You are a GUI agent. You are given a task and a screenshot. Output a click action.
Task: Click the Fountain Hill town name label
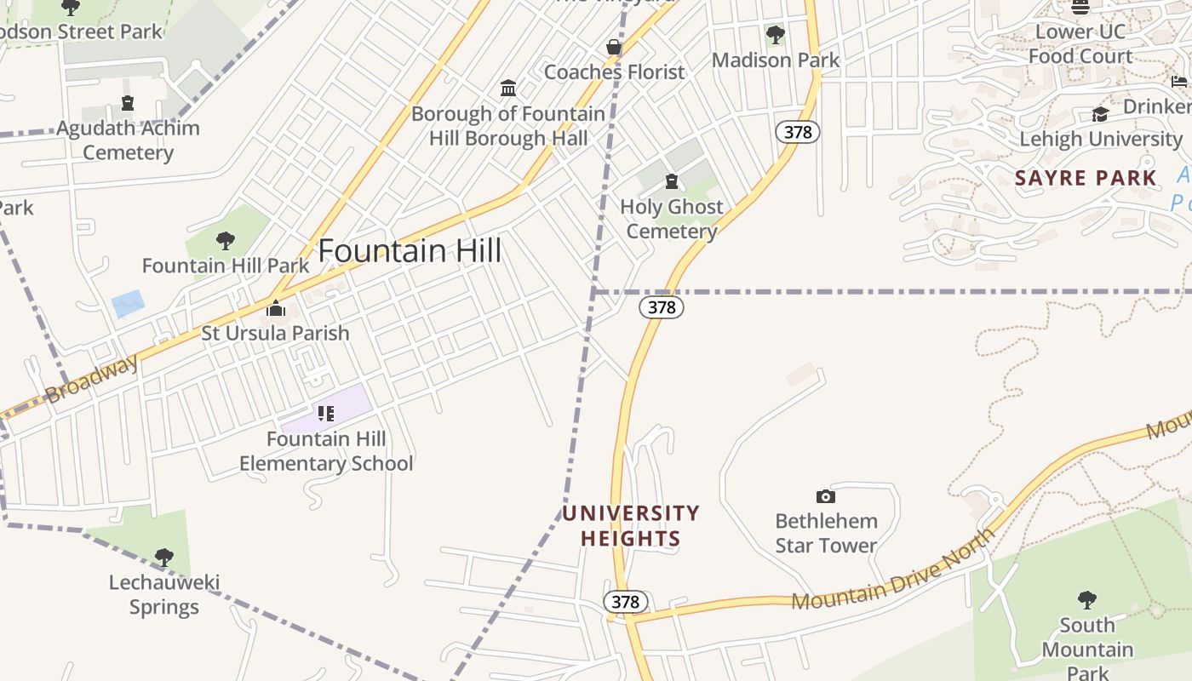click(x=410, y=251)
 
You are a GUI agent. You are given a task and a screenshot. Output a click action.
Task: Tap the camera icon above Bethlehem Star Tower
click(x=825, y=496)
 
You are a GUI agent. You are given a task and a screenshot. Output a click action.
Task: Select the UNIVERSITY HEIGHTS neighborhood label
click(x=630, y=526)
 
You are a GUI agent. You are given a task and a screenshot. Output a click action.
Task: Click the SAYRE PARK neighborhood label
click(x=1086, y=178)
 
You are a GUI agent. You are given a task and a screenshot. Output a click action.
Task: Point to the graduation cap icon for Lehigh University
click(x=1100, y=115)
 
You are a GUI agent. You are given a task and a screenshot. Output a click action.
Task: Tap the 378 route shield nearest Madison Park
click(x=797, y=132)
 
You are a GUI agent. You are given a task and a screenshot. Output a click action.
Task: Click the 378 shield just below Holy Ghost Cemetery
click(x=662, y=307)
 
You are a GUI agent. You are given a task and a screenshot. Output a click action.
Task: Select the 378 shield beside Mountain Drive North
click(x=625, y=602)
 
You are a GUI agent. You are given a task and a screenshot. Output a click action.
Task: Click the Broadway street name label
click(x=91, y=379)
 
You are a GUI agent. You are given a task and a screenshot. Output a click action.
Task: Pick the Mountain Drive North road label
click(x=893, y=570)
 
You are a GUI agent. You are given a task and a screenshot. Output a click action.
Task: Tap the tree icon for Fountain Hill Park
click(x=226, y=241)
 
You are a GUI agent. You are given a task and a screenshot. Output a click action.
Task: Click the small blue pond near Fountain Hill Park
click(x=128, y=303)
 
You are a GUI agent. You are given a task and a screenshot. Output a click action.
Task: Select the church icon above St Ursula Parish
click(x=275, y=308)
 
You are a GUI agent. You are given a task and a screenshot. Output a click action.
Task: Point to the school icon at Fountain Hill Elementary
click(x=325, y=414)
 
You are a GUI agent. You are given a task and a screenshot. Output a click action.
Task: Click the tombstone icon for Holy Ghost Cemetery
click(x=672, y=181)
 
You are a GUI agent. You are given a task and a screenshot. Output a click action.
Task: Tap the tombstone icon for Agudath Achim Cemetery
click(x=128, y=103)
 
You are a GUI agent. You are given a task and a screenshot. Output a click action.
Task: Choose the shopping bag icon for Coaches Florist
click(x=614, y=47)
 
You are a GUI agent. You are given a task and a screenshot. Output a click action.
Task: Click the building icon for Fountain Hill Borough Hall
click(x=508, y=89)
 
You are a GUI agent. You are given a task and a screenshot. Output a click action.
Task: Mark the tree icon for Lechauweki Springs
click(x=163, y=558)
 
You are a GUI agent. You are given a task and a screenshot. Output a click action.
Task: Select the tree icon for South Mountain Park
click(x=1086, y=600)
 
